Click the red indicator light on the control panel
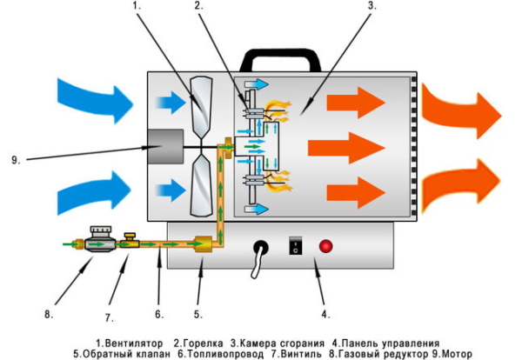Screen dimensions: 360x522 (x=327, y=247)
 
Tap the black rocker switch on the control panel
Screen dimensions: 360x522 (x=295, y=247)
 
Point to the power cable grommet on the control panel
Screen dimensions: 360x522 (x=258, y=250)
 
